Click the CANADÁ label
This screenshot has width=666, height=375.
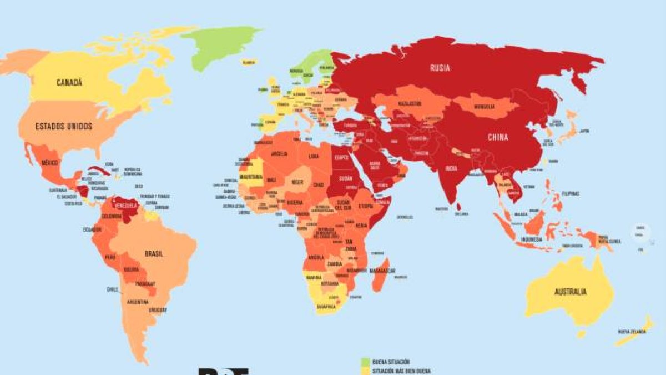pyautogui.click(x=69, y=83)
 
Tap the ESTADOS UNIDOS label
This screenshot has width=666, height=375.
pyautogui.click(x=63, y=126)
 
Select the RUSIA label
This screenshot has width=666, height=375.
pyautogui.click(x=440, y=68)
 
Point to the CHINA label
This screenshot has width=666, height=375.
pyautogui.click(x=498, y=137)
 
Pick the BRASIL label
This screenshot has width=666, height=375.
pyautogui.click(x=153, y=253)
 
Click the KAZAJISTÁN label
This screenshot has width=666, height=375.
pyautogui.click(x=409, y=104)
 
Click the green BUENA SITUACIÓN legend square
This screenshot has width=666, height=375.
pyautogui.click(x=365, y=362)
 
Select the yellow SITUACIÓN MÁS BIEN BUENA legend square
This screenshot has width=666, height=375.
pyautogui.click(x=365, y=371)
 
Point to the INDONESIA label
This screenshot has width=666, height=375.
pyautogui.click(x=532, y=239)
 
